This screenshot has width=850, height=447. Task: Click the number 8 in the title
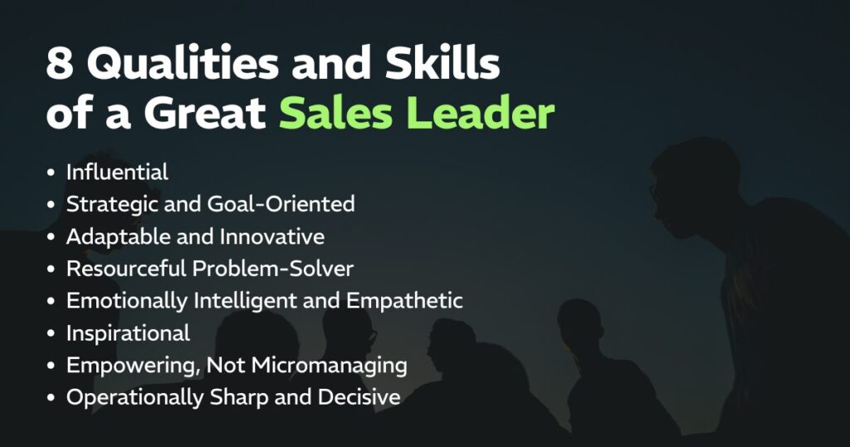[x=60, y=62]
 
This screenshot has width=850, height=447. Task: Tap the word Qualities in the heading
[x=183, y=64]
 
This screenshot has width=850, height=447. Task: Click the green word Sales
[x=335, y=113]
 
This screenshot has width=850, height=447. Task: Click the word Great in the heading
[x=206, y=113]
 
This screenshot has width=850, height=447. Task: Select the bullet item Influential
[x=117, y=172]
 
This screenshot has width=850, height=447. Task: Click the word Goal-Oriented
[x=281, y=204]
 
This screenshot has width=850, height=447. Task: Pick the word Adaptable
[x=127, y=237]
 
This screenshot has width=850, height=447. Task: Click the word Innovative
[x=272, y=237]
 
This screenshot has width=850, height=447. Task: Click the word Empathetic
[x=404, y=301]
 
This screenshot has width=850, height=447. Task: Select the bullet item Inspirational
[x=128, y=333]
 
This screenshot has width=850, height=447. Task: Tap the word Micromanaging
[x=329, y=366]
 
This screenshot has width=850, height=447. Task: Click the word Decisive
[x=359, y=397]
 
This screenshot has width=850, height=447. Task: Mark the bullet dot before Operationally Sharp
[x=51, y=398]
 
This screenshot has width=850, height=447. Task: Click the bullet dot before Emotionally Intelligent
[x=51, y=301]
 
